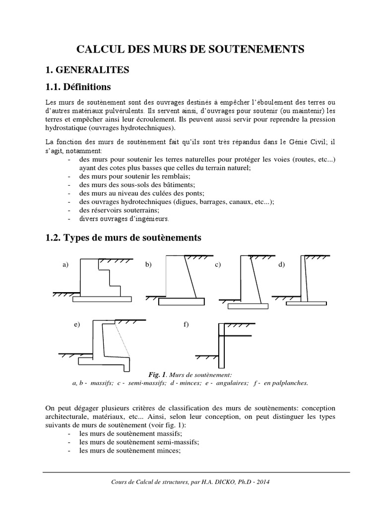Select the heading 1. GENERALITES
pyautogui.click(x=88, y=70)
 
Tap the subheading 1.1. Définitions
pyautogui.click(x=78, y=87)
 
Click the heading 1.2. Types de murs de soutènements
pyautogui.click(x=123, y=238)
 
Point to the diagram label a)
pyautogui.click(x=65, y=265)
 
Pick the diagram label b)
pyautogui.click(x=148, y=265)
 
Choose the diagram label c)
pyautogui.click(x=217, y=265)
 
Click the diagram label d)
pyautogui.click(x=281, y=265)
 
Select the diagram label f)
pyautogui.click(x=187, y=325)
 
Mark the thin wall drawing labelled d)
pyautogui.click(x=305, y=282)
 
